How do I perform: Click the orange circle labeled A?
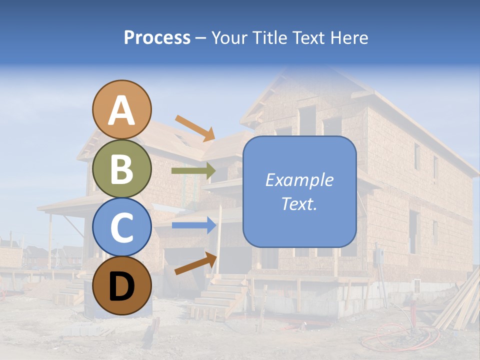122,109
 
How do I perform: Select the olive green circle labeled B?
122,168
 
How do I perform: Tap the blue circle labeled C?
122,227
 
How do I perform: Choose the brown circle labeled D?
122,286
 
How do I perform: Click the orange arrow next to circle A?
195,127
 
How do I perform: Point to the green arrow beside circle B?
193,171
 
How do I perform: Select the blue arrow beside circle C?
194,225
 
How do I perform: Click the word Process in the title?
157,37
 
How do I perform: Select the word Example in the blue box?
299,180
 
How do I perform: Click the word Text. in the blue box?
299,203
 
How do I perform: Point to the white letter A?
122,110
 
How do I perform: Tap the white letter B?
122,169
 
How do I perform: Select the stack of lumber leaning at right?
457,305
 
